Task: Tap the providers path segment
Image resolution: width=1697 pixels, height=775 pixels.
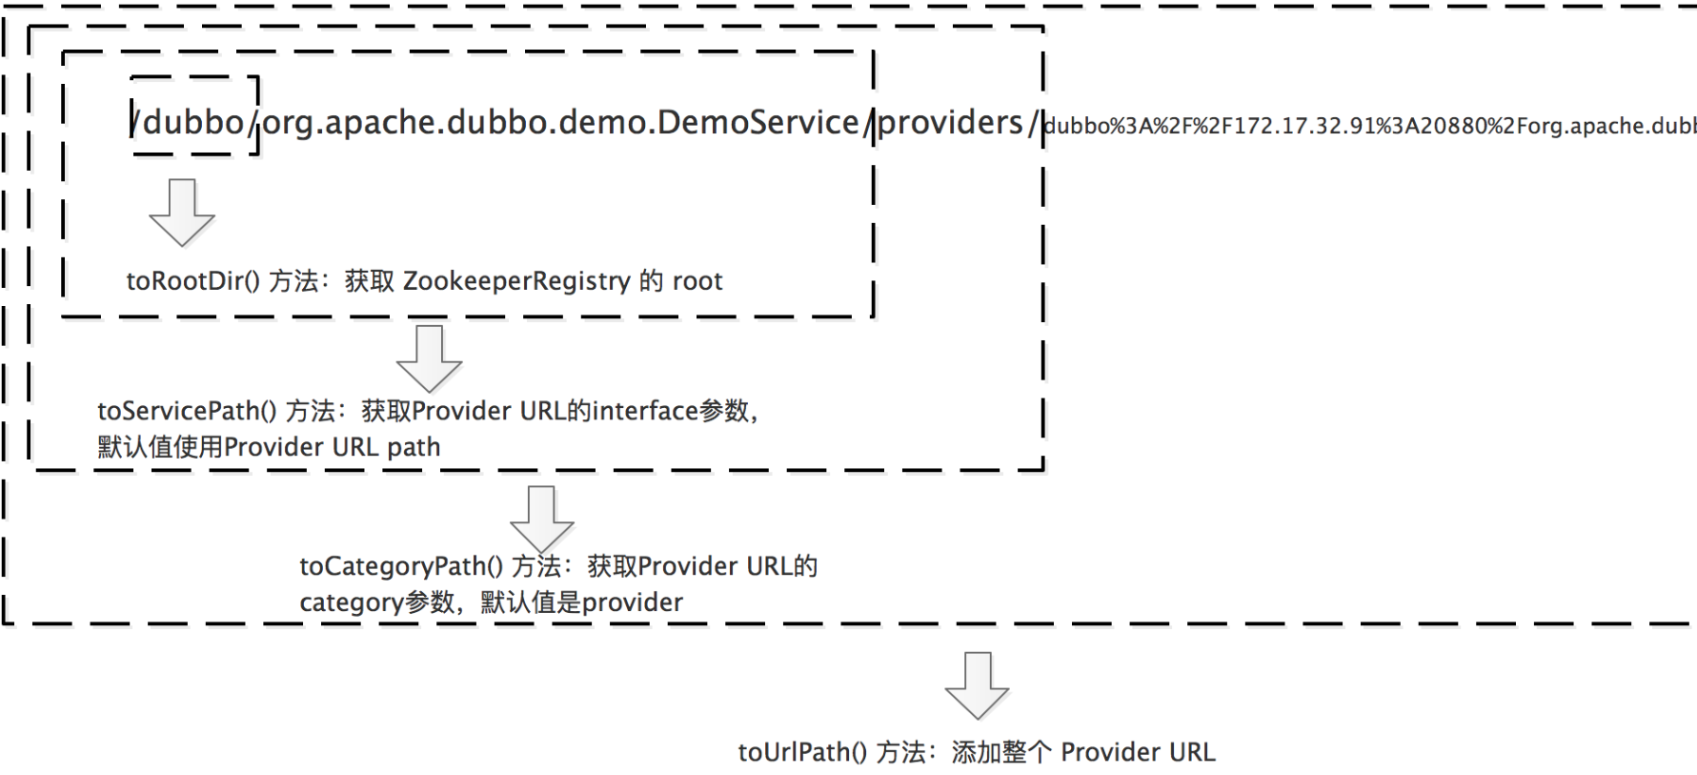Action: point(950,122)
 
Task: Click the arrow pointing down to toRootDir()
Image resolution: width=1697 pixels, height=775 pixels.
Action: point(182,212)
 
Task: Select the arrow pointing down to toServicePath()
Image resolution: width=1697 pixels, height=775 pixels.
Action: point(430,358)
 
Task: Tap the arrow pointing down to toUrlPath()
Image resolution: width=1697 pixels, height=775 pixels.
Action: point(977,684)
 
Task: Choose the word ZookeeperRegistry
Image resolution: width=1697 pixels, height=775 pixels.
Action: point(516,281)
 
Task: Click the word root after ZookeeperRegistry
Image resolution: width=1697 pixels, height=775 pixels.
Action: point(697,281)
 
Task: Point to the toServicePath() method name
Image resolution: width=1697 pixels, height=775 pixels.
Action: point(187,411)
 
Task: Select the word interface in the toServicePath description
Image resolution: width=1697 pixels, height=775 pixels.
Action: point(646,411)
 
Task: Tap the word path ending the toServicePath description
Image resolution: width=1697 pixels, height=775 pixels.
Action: point(414,447)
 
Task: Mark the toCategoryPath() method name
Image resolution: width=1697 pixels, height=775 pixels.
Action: point(401,566)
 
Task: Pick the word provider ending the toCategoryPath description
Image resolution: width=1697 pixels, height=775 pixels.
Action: point(632,602)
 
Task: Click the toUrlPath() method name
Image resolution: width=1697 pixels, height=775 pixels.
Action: point(802,752)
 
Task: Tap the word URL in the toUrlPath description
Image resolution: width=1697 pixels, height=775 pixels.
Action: point(1192,752)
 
